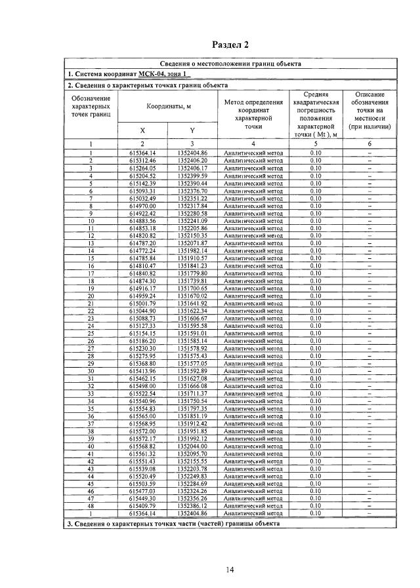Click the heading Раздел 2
(231, 45)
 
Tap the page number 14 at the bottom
(230, 570)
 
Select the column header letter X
(142, 130)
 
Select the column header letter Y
(192, 130)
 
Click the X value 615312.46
(142, 160)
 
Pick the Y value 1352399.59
(192, 176)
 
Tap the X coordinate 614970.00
(142, 206)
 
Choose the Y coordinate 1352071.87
(192, 243)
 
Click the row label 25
(92, 333)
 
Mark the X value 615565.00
(142, 416)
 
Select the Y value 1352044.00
(192, 446)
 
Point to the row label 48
(92, 507)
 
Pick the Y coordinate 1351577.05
(192, 363)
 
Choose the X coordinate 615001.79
(142, 303)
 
